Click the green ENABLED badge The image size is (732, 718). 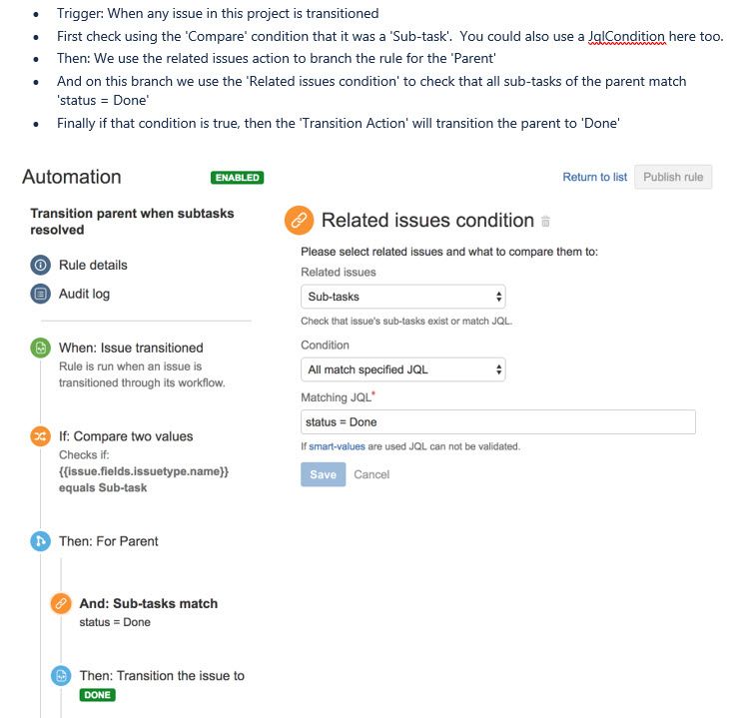(x=237, y=178)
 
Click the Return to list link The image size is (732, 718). (x=594, y=177)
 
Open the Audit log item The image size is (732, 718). (x=84, y=294)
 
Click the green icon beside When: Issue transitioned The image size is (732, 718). (x=41, y=349)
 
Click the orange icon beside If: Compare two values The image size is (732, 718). (x=41, y=436)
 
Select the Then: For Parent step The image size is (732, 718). (x=108, y=541)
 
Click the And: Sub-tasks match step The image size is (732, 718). (x=148, y=603)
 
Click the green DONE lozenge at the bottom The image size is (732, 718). (x=97, y=695)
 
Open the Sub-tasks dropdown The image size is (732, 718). (x=402, y=297)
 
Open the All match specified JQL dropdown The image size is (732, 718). (x=402, y=369)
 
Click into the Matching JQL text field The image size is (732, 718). (x=497, y=422)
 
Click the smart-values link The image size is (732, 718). (x=337, y=446)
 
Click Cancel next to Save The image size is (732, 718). (x=371, y=474)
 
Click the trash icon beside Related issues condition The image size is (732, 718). (x=545, y=222)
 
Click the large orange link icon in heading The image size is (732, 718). (x=299, y=221)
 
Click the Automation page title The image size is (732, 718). (x=72, y=177)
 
